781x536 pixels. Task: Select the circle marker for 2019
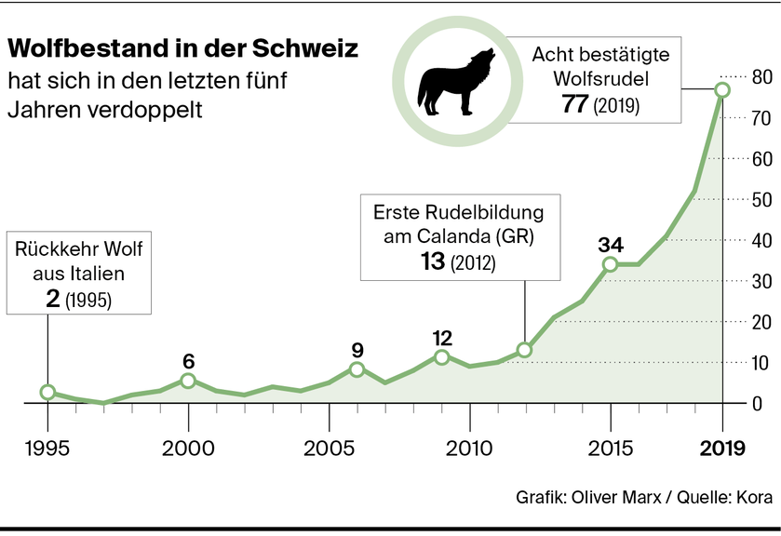722,90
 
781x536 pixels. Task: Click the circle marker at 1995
48,392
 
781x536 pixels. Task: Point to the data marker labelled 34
610,264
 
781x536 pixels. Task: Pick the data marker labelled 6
188,380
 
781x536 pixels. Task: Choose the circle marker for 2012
525,350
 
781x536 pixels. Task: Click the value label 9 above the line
357,352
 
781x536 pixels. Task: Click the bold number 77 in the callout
575,104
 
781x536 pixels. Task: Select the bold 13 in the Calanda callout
433,262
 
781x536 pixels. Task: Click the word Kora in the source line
753,498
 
